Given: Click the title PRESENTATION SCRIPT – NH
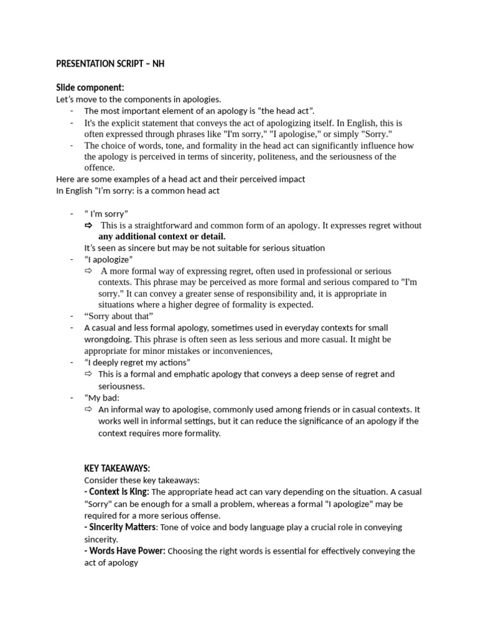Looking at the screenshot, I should click(x=110, y=64).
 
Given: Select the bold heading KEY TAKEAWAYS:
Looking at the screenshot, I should click(x=117, y=468).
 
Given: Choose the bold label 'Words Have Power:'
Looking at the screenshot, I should click(x=124, y=551).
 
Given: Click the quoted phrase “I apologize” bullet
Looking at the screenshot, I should click(x=109, y=259).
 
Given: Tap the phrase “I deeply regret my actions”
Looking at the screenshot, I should click(x=138, y=363).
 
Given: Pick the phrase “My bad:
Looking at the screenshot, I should click(x=102, y=398).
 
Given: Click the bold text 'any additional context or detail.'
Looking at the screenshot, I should click(x=162, y=236).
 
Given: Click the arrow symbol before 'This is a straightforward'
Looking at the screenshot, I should click(x=88, y=225).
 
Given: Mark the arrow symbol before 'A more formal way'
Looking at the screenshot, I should click(x=88, y=271).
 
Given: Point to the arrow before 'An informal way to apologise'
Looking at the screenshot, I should click(x=88, y=409).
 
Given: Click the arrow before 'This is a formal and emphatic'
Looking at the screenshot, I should click(x=88, y=374).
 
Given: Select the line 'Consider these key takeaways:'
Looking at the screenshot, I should click(x=141, y=480).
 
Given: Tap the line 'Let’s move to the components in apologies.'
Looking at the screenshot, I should click(x=139, y=100).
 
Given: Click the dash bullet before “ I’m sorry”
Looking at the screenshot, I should click(x=72, y=214).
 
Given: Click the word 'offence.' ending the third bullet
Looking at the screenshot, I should click(x=100, y=168).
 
